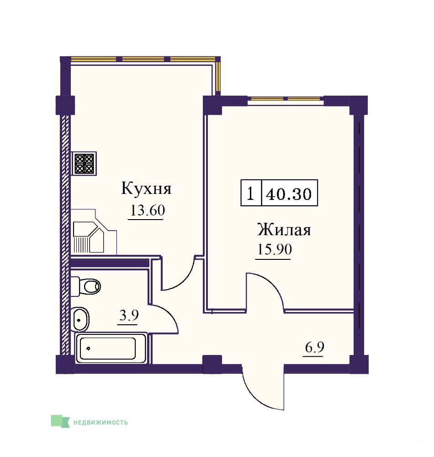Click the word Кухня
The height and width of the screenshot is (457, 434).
point(146,188)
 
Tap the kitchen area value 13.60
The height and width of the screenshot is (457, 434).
point(148,210)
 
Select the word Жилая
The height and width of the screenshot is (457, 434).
point(284,230)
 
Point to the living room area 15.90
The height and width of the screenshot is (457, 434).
point(275,249)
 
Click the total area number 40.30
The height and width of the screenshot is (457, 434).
point(289,194)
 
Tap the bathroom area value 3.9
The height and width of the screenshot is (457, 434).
point(129,315)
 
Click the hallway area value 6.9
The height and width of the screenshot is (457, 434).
point(315,347)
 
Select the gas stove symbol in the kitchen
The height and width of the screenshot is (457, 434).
point(84,163)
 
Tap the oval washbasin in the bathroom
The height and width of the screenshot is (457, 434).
point(80,319)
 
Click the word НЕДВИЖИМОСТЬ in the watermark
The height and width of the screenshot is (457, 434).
point(101,422)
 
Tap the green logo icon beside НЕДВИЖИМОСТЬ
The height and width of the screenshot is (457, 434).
point(60,421)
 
